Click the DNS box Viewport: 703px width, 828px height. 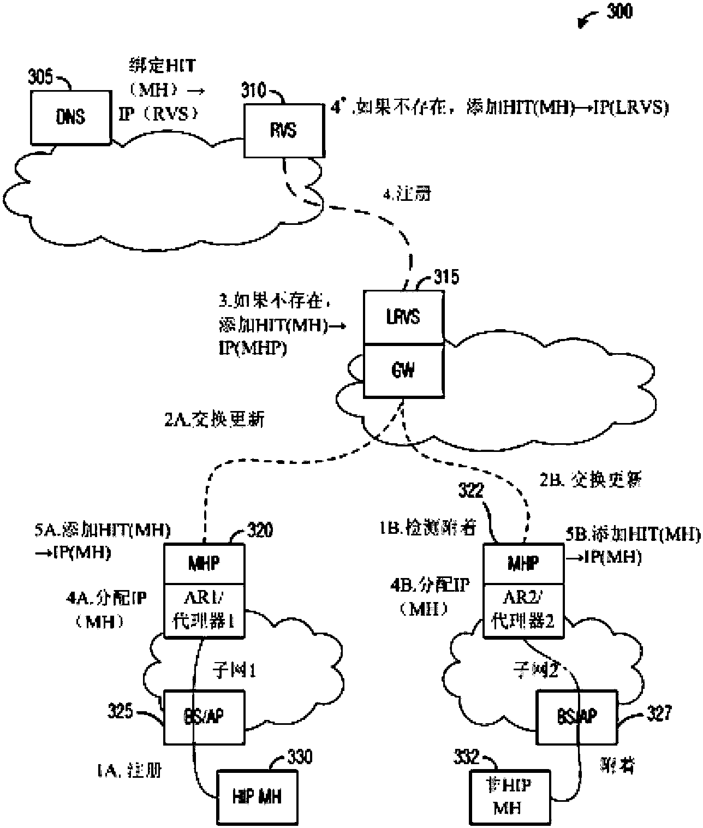[x=70, y=117]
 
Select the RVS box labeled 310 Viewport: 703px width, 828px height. [x=283, y=130]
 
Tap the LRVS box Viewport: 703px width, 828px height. [x=403, y=317]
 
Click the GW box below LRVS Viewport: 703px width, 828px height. [x=403, y=370]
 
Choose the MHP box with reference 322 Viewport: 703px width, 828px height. [x=523, y=563]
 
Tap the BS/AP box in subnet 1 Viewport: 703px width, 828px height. [x=204, y=717]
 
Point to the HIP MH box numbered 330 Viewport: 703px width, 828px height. [x=257, y=797]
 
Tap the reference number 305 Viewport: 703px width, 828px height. [x=41, y=77]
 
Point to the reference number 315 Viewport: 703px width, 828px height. [x=446, y=278]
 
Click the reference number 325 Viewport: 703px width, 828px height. [x=120, y=711]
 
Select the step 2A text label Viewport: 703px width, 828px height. [x=214, y=419]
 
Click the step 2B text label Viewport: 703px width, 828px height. [x=590, y=480]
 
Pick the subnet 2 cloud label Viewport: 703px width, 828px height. [x=537, y=670]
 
